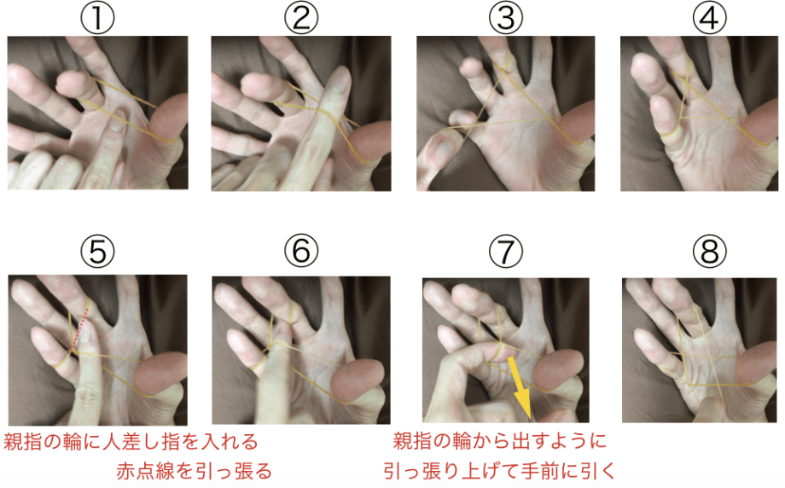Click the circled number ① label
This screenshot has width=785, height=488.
tap(96, 18)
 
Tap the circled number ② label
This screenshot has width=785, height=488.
tap(300, 18)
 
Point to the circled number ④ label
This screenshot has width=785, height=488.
tap(708, 18)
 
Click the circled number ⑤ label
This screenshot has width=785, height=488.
tap(96, 252)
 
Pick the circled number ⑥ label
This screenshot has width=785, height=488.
tap(300, 252)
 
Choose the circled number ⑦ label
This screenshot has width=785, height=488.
tap(505, 252)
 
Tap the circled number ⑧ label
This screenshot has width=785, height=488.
tap(708, 252)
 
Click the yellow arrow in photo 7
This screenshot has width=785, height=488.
tap(520, 385)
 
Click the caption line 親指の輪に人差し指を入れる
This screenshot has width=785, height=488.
tap(131, 443)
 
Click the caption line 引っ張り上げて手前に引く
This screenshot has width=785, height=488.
tap(499, 470)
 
